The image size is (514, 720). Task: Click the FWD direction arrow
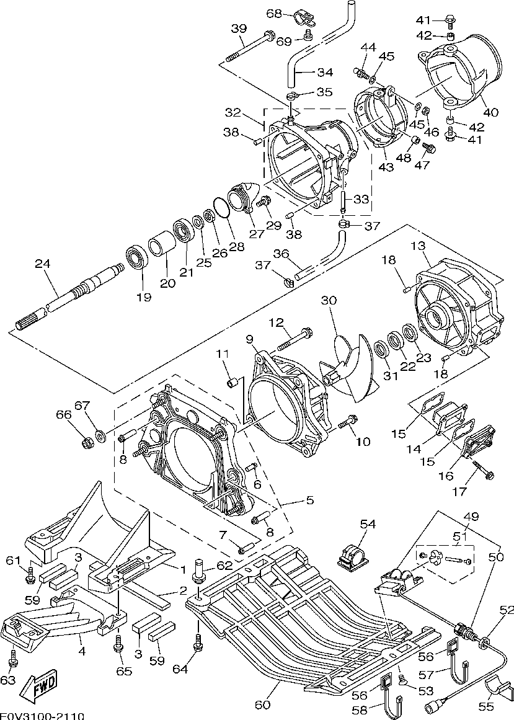40,685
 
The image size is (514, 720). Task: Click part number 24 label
42,264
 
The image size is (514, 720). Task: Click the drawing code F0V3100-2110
42,716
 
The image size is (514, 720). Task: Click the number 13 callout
418,246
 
